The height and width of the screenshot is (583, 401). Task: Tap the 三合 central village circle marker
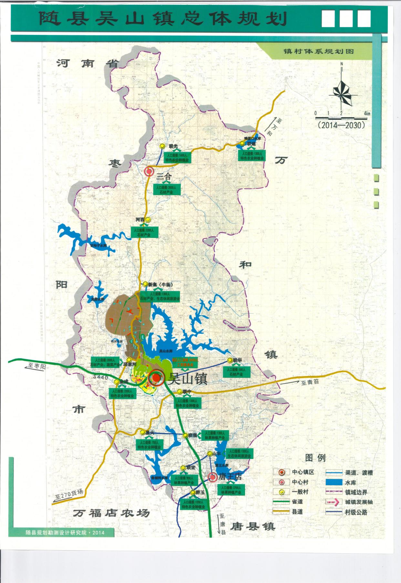click(x=149, y=172)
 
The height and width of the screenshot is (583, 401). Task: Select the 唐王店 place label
click(x=230, y=476)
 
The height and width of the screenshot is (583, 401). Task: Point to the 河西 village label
click(x=140, y=220)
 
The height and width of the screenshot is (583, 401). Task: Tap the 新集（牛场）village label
click(x=160, y=285)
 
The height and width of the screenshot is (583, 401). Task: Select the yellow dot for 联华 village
click(x=230, y=360)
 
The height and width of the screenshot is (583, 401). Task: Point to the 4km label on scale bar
click(x=367, y=113)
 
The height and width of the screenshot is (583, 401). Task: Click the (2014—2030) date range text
click(x=341, y=125)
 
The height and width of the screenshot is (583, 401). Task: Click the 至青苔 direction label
click(x=310, y=382)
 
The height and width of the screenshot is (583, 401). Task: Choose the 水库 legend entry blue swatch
click(x=334, y=482)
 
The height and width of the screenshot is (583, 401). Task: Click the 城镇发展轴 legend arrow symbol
click(x=334, y=502)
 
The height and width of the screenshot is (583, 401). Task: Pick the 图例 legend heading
click(x=315, y=457)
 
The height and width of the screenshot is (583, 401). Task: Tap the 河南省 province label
click(x=87, y=63)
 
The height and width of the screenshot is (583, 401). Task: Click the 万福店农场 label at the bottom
click(x=111, y=513)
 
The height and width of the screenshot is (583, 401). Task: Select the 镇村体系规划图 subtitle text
click(x=318, y=51)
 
